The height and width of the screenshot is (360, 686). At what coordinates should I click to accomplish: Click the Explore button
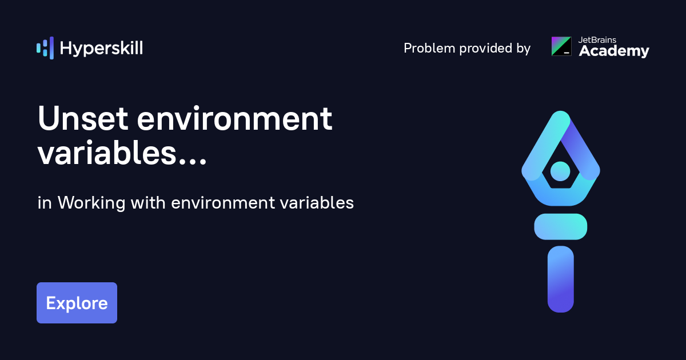pyautogui.click(x=77, y=303)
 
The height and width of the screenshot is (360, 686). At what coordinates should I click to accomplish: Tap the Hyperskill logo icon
pyautogui.click(x=45, y=48)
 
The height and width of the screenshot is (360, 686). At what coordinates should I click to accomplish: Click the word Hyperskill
pyautogui.click(x=101, y=49)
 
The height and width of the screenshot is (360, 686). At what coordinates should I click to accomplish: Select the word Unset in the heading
pyautogui.click(x=82, y=119)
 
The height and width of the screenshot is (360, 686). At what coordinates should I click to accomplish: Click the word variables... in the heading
pyautogui.click(x=122, y=153)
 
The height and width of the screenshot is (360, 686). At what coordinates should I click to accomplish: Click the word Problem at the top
pyautogui.click(x=428, y=49)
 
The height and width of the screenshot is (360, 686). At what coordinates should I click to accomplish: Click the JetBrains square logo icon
pyautogui.click(x=561, y=46)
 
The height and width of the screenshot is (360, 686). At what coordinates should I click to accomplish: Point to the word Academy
pyautogui.click(x=614, y=51)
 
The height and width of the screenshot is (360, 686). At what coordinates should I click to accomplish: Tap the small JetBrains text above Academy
pyautogui.click(x=597, y=40)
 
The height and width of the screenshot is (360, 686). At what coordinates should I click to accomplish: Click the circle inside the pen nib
pyautogui.click(x=560, y=170)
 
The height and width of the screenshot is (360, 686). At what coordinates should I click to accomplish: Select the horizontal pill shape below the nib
pyautogui.click(x=560, y=226)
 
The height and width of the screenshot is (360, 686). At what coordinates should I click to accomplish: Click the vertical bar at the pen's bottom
pyautogui.click(x=560, y=279)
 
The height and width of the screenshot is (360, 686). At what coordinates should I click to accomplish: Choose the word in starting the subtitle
pyautogui.click(x=43, y=203)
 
